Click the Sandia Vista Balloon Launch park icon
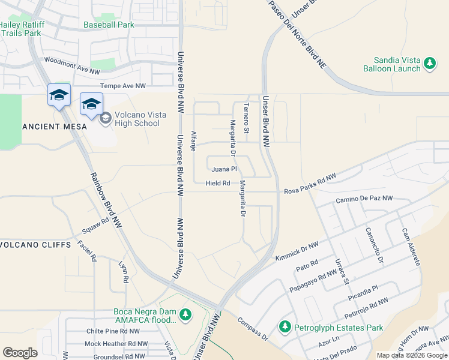429,63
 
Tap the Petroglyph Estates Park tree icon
285,327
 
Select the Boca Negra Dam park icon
185,314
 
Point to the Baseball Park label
109,25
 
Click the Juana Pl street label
225,169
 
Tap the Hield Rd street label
218,183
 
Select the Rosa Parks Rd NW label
309,183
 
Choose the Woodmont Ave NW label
71,65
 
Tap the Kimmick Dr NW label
296,249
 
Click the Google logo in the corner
20,353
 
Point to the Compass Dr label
253,329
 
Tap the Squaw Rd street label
96,226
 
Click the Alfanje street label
193,141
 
